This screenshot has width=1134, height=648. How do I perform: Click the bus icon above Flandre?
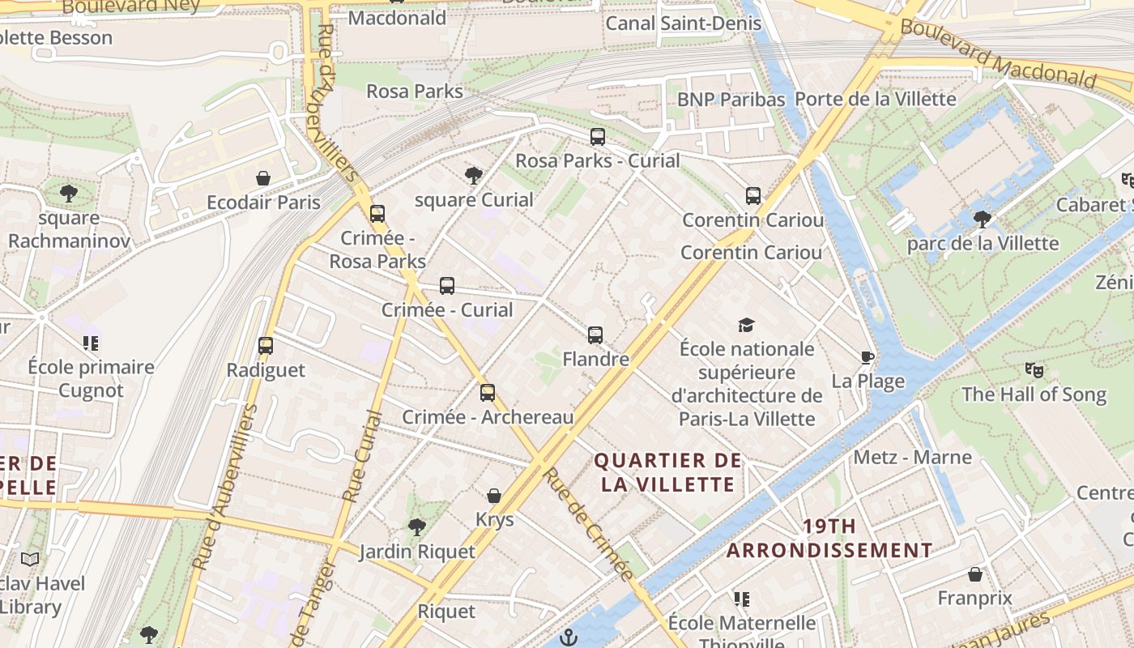(x=595, y=335)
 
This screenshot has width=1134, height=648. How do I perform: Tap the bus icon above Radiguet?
(x=265, y=346)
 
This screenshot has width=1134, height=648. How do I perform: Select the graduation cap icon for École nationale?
(x=746, y=325)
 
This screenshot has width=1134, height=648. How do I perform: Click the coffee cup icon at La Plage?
(x=868, y=357)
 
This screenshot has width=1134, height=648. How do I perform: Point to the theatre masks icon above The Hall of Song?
(x=1034, y=370)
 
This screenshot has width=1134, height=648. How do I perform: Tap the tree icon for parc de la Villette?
(x=983, y=219)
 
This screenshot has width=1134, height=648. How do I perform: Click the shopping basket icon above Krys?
(x=494, y=495)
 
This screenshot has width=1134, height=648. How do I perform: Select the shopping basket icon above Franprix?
(x=975, y=574)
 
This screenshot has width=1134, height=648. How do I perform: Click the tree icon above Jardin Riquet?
(x=416, y=527)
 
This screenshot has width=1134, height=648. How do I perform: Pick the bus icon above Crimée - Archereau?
(x=487, y=393)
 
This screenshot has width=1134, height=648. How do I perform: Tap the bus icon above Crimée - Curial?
(x=447, y=286)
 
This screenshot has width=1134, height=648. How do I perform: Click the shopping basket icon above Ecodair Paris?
(x=263, y=178)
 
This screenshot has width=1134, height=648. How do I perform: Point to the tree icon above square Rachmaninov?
(x=69, y=194)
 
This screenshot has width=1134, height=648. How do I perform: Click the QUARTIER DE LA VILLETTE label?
(x=667, y=473)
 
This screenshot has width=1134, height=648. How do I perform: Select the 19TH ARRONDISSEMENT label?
(x=829, y=539)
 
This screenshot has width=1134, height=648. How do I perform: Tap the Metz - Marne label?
(x=912, y=458)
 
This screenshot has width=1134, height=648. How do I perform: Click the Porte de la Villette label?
(x=876, y=99)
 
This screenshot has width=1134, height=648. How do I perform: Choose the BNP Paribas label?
(x=731, y=100)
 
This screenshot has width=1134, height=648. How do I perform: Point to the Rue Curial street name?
(x=361, y=456)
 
